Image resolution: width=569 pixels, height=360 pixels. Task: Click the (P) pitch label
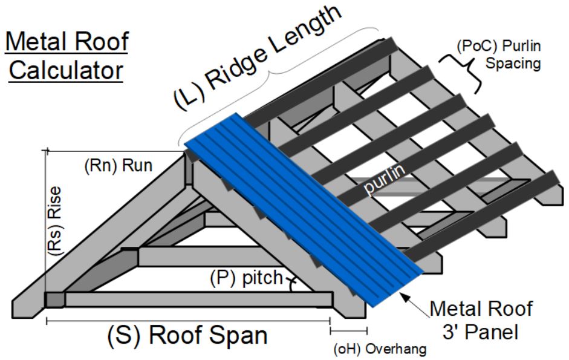click(x=245, y=278)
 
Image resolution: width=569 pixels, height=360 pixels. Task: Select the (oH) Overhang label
click(x=380, y=349)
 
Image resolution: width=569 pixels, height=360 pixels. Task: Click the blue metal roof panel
click(x=302, y=206)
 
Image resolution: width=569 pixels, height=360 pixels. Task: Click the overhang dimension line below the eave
click(x=348, y=330)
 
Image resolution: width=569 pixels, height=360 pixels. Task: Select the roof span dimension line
click(x=187, y=321)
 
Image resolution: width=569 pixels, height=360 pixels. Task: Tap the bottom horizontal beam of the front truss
click(x=200, y=299)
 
